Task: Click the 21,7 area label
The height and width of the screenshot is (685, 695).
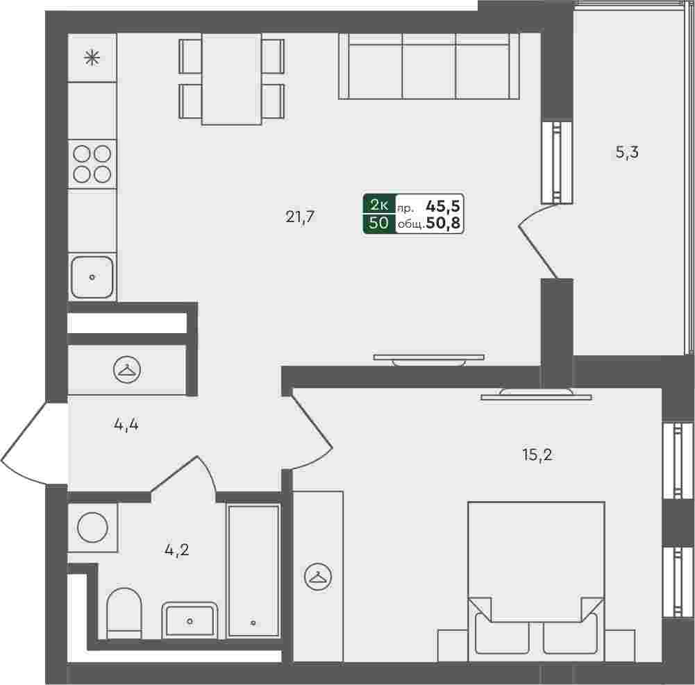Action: pyautogui.click(x=300, y=217)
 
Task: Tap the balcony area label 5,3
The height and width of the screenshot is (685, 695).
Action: pyautogui.click(x=627, y=153)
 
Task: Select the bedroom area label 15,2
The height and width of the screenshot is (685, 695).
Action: pyautogui.click(x=537, y=455)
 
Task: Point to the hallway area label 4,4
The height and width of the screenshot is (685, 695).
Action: pyautogui.click(x=126, y=425)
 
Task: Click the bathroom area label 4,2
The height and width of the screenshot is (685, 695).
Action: pyautogui.click(x=177, y=550)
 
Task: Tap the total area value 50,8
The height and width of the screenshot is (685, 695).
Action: pyautogui.click(x=443, y=223)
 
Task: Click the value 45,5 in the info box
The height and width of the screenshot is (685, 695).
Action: pyautogui.click(x=443, y=206)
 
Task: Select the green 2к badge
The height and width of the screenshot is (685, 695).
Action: pyautogui.click(x=379, y=205)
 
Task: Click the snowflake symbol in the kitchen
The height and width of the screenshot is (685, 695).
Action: pyautogui.click(x=92, y=58)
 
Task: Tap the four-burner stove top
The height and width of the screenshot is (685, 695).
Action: pyautogui.click(x=92, y=164)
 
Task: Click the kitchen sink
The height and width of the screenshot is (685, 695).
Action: pyautogui.click(x=92, y=277)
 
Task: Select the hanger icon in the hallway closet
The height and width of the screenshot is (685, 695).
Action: pyautogui.click(x=127, y=369)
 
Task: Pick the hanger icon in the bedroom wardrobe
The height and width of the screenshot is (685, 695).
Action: pyautogui.click(x=318, y=577)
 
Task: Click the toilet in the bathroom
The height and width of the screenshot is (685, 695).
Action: pyautogui.click(x=124, y=614)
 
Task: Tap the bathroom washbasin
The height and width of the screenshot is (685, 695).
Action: pyautogui.click(x=190, y=620)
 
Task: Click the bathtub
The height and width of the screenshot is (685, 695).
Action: pyautogui.click(x=253, y=571)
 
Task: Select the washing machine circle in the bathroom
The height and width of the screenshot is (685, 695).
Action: pyautogui.click(x=92, y=527)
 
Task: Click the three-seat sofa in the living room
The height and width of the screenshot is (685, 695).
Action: pyautogui.click(x=429, y=66)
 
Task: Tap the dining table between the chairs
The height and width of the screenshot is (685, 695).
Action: pyautogui.click(x=231, y=79)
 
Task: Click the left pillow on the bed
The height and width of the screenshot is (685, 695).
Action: pyautogui.click(x=502, y=634)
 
